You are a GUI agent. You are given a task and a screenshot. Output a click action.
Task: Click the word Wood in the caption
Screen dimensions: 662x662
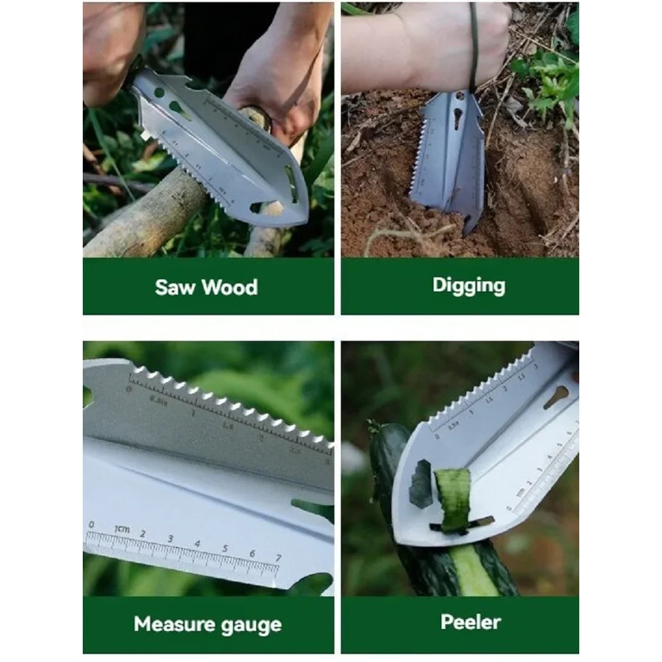(x=230, y=287)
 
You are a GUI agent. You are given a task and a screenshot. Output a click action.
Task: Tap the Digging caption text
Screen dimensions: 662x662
(x=469, y=285)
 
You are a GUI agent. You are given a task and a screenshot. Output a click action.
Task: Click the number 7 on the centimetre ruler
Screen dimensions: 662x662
(x=279, y=558)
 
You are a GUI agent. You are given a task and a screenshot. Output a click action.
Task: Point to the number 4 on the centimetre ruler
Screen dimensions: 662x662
(x=197, y=544)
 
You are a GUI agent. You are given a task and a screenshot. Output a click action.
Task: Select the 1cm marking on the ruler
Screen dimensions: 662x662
(x=121, y=530)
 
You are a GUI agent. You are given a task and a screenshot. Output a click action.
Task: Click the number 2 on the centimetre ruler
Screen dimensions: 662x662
(x=142, y=534)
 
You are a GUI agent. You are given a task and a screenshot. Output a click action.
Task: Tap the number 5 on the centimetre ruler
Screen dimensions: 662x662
(x=224, y=549)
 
